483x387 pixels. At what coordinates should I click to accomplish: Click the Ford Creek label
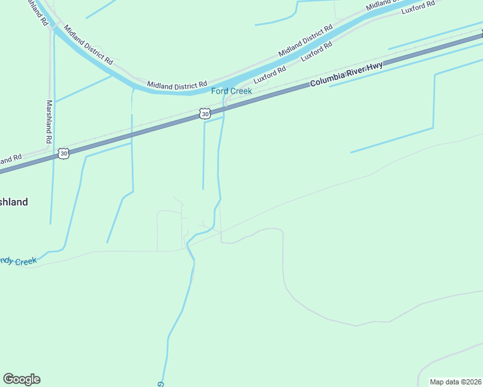(231, 91)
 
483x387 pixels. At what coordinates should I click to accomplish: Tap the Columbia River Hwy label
(346, 75)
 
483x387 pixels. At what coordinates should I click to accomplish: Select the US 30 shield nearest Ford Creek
(205, 114)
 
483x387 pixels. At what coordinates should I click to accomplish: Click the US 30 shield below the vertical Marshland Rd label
(63, 153)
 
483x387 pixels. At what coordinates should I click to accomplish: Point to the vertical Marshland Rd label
(48, 121)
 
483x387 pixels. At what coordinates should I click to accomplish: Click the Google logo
(21, 379)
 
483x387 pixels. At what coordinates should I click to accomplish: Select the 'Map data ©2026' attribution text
(455, 382)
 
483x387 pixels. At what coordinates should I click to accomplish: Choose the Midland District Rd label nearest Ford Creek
(176, 84)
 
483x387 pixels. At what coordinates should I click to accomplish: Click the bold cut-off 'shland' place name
(14, 202)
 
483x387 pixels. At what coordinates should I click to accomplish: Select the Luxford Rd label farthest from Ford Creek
(418, 8)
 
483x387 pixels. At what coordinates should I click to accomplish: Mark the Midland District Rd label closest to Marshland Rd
(88, 45)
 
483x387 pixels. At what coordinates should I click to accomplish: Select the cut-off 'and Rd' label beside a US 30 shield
(11, 159)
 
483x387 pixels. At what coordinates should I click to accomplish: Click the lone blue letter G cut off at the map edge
(159, 384)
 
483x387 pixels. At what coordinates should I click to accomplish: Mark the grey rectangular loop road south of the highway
(169, 230)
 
